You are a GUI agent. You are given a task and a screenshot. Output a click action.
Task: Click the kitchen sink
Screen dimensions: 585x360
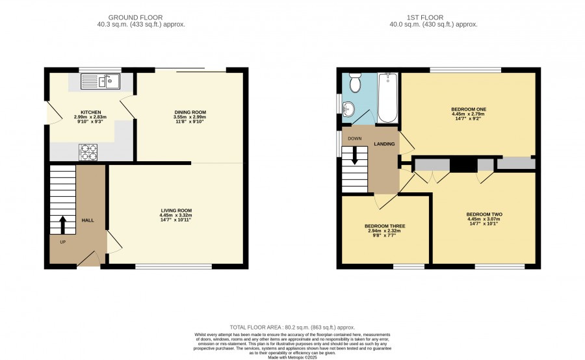[x=100, y=82]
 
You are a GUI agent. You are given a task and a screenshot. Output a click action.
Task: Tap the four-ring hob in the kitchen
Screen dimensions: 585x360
[x=88, y=152]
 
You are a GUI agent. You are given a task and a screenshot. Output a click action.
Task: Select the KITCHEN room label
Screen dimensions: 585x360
[x=90, y=112]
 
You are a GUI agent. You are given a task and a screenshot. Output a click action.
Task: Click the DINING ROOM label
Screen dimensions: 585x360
[x=190, y=112]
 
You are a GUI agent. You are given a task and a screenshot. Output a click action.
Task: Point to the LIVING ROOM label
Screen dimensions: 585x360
[x=176, y=211]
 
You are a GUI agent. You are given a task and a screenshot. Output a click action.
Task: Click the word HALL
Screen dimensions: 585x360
[x=88, y=220]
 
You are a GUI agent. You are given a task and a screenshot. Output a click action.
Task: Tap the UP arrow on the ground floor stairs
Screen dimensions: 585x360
[x=62, y=225]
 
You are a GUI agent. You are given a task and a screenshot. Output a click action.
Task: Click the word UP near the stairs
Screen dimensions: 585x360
[x=62, y=242]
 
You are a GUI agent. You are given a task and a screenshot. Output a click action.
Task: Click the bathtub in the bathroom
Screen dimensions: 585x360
[x=387, y=97]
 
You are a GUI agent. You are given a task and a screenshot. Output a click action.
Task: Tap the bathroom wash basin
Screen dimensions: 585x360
[x=349, y=109]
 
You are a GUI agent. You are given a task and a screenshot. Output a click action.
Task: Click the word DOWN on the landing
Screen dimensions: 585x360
[x=354, y=139]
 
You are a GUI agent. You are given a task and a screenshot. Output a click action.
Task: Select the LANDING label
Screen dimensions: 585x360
[x=384, y=144]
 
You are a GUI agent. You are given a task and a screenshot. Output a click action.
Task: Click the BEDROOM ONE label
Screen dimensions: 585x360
[x=469, y=110]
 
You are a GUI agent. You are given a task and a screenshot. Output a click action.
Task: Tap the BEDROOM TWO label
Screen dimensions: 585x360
[x=484, y=214]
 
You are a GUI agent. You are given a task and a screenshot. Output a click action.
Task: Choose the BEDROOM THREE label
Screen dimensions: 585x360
[x=385, y=226]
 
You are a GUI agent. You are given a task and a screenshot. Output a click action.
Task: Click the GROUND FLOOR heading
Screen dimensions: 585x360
[x=135, y=18]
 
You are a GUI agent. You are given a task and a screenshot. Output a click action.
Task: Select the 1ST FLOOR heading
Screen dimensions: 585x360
[x=425, y=18]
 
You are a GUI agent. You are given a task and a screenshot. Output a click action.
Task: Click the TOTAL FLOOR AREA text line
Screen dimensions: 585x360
[x=292, y=328]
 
